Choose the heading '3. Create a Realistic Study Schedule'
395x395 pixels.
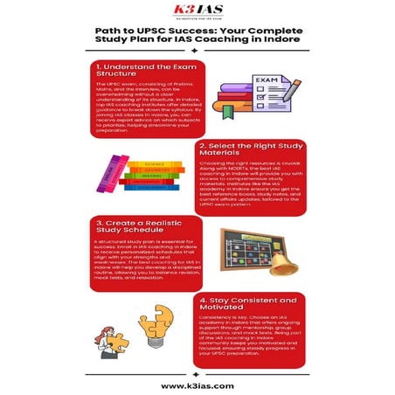[x=144, y=229]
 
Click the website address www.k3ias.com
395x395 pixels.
[x=197, y=384]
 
